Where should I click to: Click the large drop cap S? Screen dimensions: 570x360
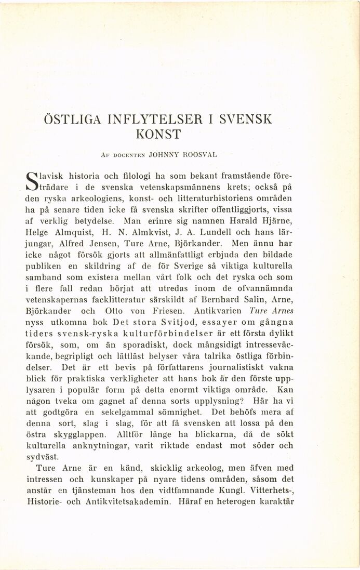click(33, 178)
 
